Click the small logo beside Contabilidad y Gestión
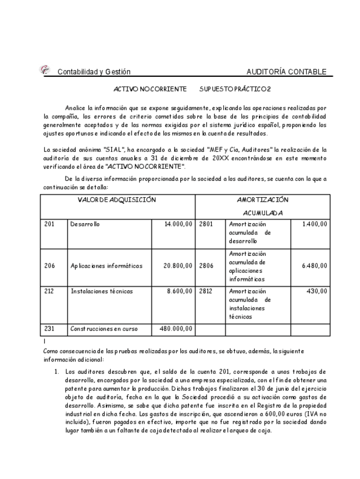pyautogui.click(x=44, y=69)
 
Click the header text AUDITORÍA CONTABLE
pyautogui.click(x=287, y=72)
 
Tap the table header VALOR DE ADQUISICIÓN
pyautogui.click(x=117, y=199)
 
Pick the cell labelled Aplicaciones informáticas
pyautogui.click(x=106, y=265)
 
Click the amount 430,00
pyautogui.click(x=318, y=291)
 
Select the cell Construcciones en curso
pyautogui.click(x=103, y=328)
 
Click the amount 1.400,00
pyautogui.click(x=314, y=224)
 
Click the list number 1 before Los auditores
pyautogui.click(x=57, y=372)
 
